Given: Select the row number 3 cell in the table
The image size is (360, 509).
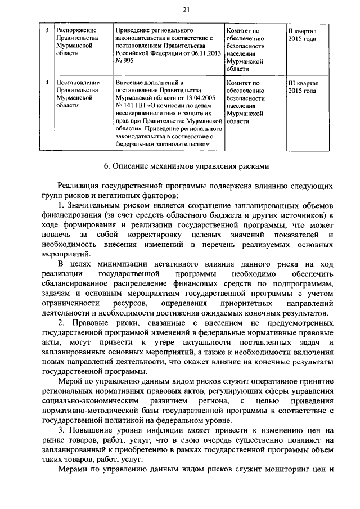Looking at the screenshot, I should pos(47,29).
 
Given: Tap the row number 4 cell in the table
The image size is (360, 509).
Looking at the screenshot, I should pos(47,83).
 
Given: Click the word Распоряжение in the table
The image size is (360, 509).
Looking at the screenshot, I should pos(76,29).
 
